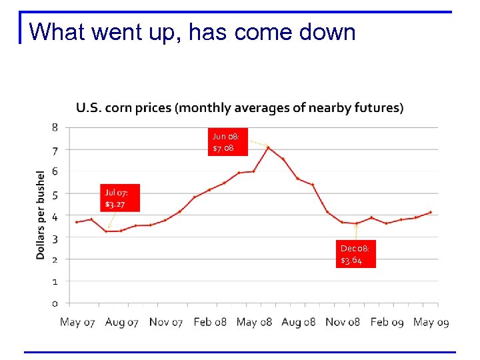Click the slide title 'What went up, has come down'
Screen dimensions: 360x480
193,31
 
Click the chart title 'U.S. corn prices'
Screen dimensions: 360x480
239,107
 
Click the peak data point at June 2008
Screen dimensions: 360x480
268,147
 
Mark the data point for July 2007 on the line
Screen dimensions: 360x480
106,231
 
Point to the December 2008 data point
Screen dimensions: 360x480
357,223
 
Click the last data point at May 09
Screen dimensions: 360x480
431,212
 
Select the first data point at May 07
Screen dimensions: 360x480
77,222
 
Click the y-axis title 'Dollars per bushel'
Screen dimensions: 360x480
41,215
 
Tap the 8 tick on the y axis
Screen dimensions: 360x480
55,127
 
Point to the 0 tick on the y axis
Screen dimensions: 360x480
55,303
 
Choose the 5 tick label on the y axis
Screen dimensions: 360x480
55,194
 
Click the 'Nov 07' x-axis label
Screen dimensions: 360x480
165,322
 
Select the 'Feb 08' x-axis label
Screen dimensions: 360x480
210,322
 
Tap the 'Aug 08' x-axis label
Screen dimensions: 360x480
298,322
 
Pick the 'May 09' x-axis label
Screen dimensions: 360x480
431,322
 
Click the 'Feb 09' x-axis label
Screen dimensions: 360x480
387,322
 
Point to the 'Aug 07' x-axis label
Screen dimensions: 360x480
121,322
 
